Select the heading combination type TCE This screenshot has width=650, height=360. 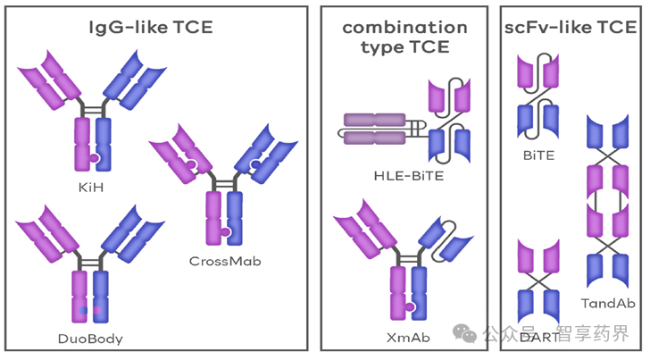tap(404, 36)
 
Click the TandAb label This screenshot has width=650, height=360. tap(606, 303)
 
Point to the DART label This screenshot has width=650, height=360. tap(537, 337)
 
